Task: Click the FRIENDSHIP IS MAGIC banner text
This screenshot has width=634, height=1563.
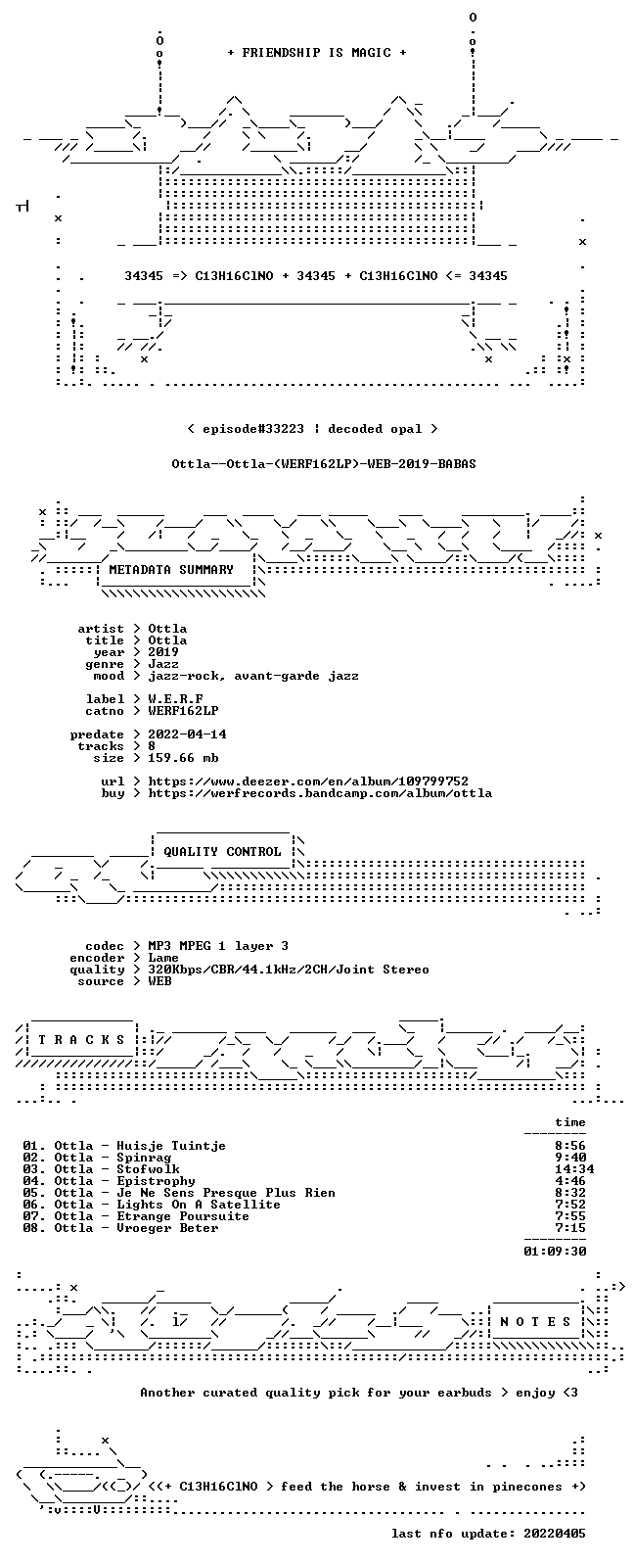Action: (x=317, y=53)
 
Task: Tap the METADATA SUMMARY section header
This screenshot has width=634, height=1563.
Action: (x=171, y=570)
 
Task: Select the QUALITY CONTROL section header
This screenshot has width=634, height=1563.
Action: (x=222, y=852)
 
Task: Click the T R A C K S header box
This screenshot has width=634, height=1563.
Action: (x=81, y=1040)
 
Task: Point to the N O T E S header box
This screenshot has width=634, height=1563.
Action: (x=535, y=1321)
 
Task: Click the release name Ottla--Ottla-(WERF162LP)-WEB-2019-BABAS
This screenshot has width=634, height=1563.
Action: (x=324, y=464)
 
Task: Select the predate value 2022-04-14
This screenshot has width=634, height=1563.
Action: (x=187, y=734)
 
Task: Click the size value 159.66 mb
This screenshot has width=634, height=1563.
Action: (x=183, y=758)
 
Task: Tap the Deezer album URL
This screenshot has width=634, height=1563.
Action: (x=308, y=781)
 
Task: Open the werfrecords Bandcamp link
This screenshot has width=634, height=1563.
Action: (x=320, y=793)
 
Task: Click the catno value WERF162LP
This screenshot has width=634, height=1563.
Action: (x=183, y=711)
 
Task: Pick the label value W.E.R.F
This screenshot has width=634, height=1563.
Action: (x=175, y=699)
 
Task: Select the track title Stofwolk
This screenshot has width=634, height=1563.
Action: (x=148, y=1168)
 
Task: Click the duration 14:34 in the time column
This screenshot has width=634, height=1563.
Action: (x=574, y=1168)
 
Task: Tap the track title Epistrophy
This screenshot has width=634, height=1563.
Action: (x=156, y=1181)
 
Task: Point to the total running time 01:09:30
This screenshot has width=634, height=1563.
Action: (x=555, y=1252)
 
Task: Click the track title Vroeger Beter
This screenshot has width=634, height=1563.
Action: (x=167, y=1228)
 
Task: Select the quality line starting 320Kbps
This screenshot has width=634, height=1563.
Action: (x=288, y=970)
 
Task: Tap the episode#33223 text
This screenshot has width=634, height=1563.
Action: (x=253, y=429)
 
